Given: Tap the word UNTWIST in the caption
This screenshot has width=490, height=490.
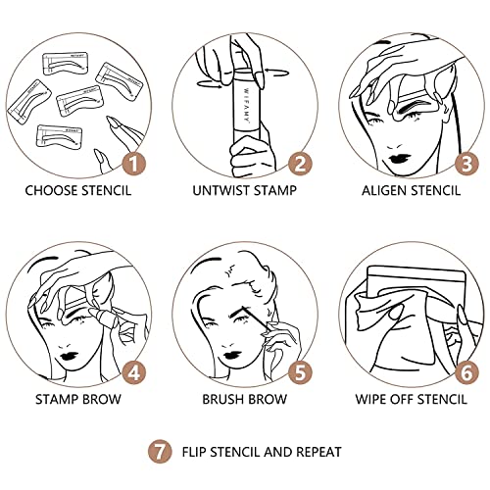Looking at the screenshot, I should [x=216, y=190].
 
